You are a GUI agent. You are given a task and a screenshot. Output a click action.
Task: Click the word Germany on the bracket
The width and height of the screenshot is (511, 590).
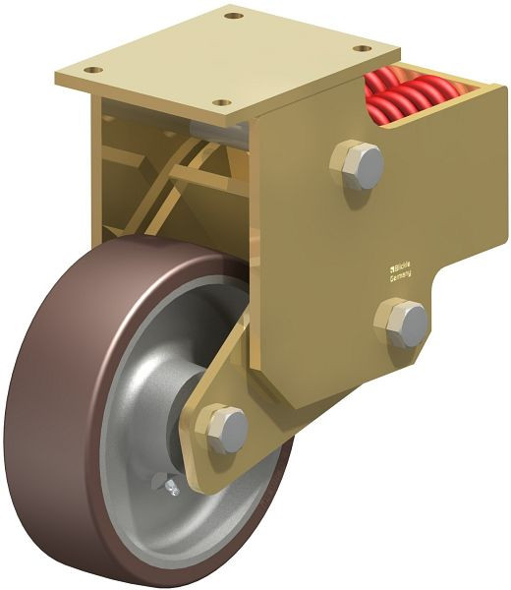click(401, 277)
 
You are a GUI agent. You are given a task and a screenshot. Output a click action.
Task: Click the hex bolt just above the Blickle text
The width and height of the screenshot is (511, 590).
click(357, 164)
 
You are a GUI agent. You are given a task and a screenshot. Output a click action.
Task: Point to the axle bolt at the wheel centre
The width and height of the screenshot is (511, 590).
click(226, 430)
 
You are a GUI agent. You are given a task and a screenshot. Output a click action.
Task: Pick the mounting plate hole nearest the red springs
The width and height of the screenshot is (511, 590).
click(362, 48)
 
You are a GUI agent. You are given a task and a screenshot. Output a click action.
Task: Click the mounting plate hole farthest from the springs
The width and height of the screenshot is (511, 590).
click(92, 71)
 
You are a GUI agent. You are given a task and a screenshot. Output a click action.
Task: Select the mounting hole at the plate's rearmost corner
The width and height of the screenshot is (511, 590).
click(232, 16)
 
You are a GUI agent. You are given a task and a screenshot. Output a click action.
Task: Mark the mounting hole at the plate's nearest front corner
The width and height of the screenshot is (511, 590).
click(222, 102)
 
